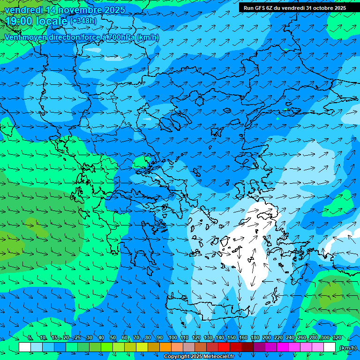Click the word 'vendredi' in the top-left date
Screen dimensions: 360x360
23,10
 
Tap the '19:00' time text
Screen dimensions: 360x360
20,21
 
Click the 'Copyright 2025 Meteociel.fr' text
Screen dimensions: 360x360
199,357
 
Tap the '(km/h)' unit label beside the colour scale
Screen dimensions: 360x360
347,348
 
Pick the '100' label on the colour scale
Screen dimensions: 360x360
173,338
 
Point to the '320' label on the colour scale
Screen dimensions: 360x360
337,338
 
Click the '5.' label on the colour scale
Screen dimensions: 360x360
30,338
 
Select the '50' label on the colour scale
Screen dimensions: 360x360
113,338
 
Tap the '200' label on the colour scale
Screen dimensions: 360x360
267,338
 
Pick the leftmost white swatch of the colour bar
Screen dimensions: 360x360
25,347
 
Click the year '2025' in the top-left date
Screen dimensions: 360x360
114,10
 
